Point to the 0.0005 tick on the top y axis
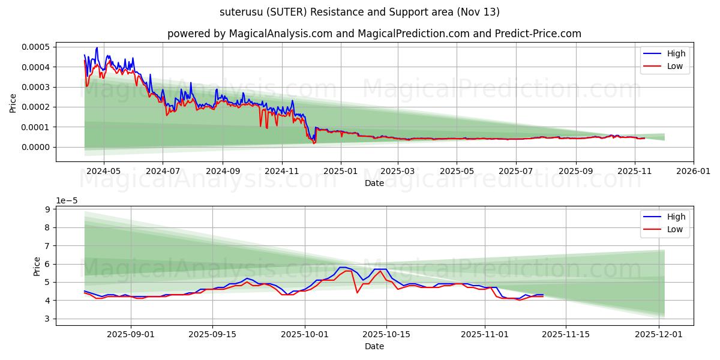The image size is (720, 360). click(x=35, y=47)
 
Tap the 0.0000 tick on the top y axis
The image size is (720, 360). click(x=35, y=147)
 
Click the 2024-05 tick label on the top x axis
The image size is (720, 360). click(x=104, y=170)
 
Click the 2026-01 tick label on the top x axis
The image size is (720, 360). click(x=694, y=170)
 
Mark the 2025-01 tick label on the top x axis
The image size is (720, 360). click(x=340, y=170)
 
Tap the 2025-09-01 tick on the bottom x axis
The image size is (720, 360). click(x=131, y=334)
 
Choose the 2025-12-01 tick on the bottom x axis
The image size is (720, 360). click(x=659, y=334)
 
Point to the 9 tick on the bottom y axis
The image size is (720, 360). click(x=47, y=209)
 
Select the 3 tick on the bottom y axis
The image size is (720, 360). click(x=47, y=319)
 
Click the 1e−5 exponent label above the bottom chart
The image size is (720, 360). click(x=67, y=200)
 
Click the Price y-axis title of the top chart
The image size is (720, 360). click(x=13, y=103)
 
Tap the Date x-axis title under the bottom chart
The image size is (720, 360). click(x=374, y=347)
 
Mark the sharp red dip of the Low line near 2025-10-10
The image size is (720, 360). click(x=357, y=292)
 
